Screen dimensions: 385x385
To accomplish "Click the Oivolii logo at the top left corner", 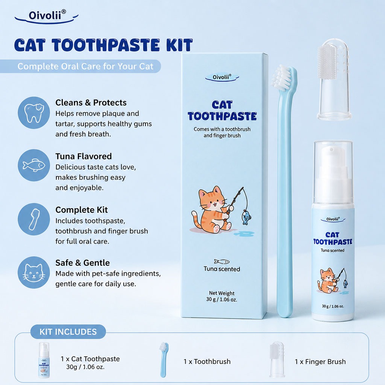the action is click(x=47, y=17).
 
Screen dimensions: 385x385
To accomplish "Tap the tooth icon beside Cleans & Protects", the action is click(x=34, y=113).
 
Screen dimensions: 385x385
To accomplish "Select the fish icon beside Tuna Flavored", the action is click(x=34, y=165).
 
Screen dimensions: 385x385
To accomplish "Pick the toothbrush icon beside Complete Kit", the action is click(x=34, y=219).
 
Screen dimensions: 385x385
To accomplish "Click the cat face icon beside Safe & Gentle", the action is click(x=34, y=273).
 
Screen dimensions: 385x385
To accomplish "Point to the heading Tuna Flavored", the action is click(x=83, y=156).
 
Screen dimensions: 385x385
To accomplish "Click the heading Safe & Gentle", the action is click(x=82, y=263).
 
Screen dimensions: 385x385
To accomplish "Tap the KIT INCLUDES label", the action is click(x=68, y=332).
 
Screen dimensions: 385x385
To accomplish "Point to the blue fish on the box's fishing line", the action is click(x=246, y=217).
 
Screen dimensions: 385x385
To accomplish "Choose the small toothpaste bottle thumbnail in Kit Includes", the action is click(x=44, y=360).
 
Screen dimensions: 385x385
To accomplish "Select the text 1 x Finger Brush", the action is click(x=320, y=362).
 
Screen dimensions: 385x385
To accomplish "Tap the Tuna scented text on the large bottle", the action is click(x=332, y=250).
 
